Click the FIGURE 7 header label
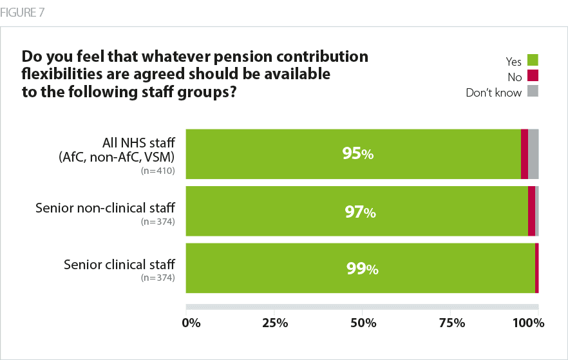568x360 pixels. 23,12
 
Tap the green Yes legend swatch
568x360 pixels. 532,61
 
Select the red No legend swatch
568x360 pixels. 532,76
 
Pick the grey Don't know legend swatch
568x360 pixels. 532,91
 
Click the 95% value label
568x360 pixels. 359,155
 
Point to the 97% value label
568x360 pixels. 360,212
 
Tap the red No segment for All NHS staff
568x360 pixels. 524,154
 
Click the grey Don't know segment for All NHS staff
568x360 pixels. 533,154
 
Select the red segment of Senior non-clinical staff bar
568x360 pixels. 531,211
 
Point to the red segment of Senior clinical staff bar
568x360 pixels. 536,269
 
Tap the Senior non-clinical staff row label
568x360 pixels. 106,208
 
